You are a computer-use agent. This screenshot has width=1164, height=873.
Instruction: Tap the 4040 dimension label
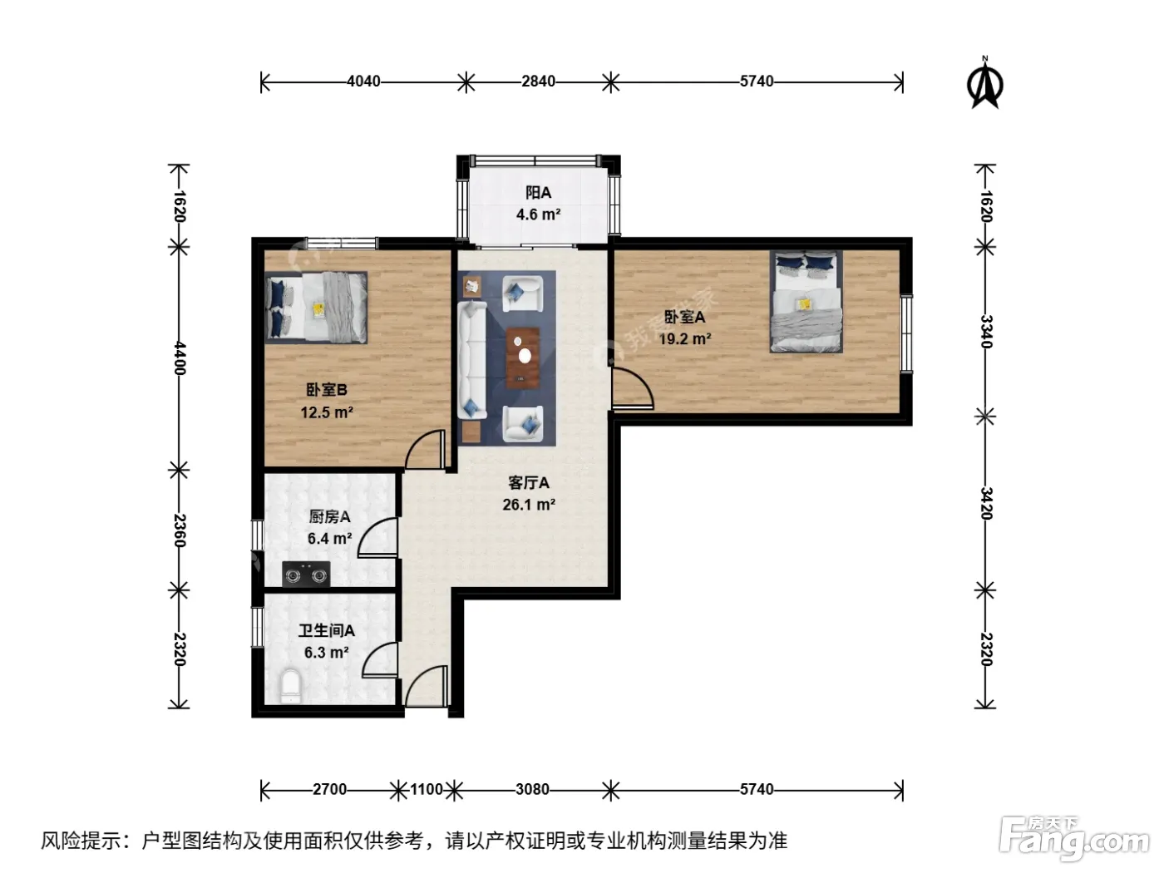[363, 81]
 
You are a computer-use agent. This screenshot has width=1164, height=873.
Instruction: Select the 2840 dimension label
[538, 81]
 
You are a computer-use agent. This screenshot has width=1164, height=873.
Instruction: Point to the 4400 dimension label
[180, 358]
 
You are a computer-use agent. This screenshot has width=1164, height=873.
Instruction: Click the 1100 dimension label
[427, 789]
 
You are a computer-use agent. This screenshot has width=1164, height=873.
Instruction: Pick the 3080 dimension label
[532, 789]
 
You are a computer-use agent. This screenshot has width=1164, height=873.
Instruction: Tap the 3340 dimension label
[985, 331]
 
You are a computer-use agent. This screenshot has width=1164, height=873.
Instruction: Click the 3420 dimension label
[985, 503]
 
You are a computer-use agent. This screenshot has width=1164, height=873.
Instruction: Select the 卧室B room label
[327, 390]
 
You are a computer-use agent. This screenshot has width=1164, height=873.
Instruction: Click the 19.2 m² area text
[684, 338]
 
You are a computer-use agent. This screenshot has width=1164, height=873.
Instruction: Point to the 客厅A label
[528, 483]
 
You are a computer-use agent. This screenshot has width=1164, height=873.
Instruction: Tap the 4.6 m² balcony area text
[538, 215]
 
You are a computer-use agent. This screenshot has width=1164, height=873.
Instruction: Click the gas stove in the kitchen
[306, 574]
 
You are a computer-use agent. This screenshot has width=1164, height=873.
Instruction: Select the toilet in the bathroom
[290, 687]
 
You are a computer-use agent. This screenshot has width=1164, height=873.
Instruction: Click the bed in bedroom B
[316, 308]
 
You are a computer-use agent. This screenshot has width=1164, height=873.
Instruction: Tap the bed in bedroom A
[806, 302]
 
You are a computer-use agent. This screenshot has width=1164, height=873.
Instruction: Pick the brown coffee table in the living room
[523, 358]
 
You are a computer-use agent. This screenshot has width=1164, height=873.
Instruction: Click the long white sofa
[472, 361]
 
